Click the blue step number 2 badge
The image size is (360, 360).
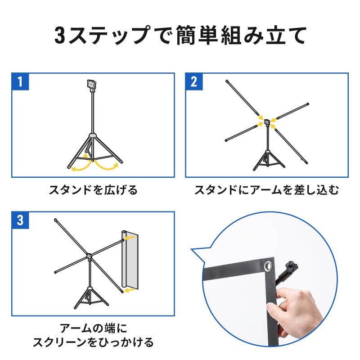tap(194, 82)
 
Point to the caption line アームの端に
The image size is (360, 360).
tap(93, 327)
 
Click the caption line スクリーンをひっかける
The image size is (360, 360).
tap(93, 342)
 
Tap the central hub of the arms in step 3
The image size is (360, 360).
tap(89, 257)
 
